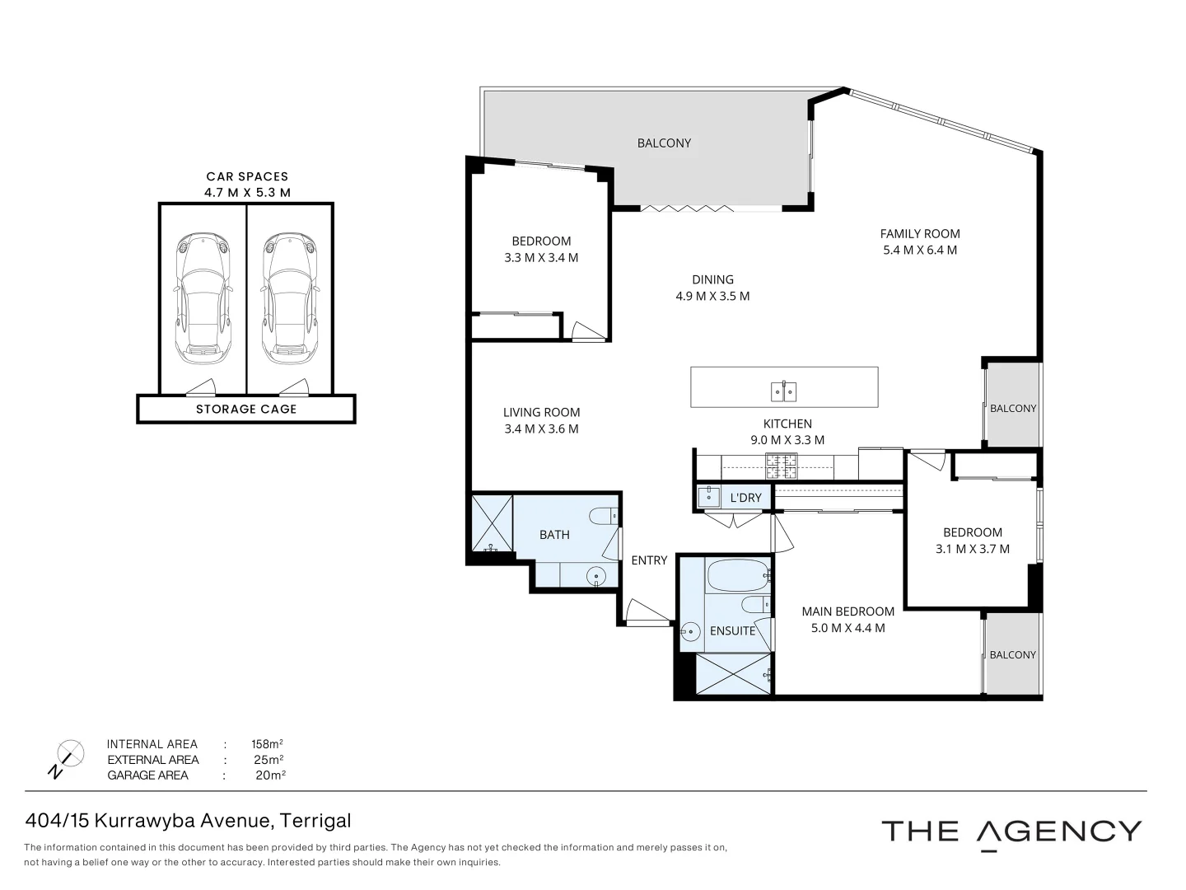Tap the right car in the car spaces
tap(290, 299)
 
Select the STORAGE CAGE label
tap(246, 409)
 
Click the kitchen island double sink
tap(783, 391)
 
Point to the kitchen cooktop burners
tap(781, 467)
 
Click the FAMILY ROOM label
tap(920, 234)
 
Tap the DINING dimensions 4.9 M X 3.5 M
tap(712, 296)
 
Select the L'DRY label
tap(745, 498)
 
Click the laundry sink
tap(708, 497)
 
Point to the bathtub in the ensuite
tap(738, 575)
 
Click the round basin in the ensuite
tap(690, 630)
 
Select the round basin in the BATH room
tap(596, 576)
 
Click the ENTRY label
tap(649, 560)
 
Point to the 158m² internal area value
tap(267, 744)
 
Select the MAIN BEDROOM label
tap(847, 611)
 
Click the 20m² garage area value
tap(270, 775)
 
